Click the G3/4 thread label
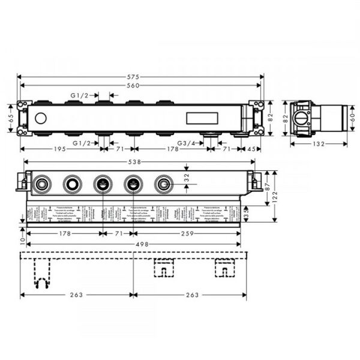point(186,143)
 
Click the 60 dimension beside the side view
point(353,118)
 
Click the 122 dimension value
point(274,197)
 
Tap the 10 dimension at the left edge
point(22,240)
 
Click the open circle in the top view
point(41,118)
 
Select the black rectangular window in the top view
point(198,118)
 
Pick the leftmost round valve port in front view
point(42,184)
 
